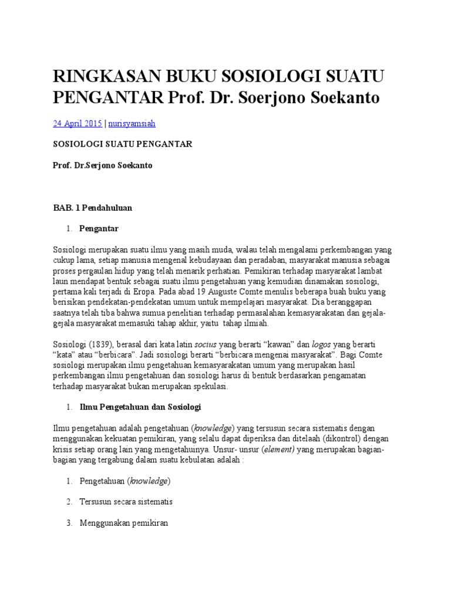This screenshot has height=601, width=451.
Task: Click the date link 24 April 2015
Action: coord(78,124)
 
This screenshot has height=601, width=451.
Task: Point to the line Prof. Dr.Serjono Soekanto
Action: coord(103,166)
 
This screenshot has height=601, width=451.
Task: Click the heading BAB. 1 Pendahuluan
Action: coord(93,207)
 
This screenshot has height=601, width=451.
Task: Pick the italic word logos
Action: coord(306,345)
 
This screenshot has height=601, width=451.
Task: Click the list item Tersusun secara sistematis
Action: coord(126,502)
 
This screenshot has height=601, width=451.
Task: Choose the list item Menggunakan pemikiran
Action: coord(124,523)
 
